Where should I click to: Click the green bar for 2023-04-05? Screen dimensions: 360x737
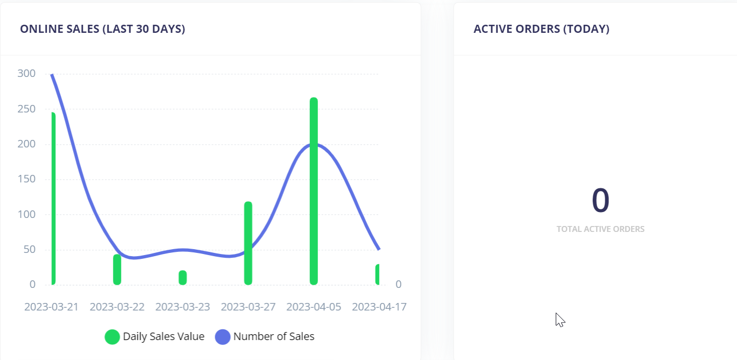[x=314, y=191]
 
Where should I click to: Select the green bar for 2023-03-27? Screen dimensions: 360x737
[x=248, y=243]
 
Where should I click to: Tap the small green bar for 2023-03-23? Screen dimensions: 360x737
[x=183, y=278]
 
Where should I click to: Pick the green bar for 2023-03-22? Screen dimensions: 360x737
[x=117, y=270]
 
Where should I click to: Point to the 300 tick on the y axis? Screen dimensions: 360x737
[x=26, y=74]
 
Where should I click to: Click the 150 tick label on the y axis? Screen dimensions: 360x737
[x=26, y=179]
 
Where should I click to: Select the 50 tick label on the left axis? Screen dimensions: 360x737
[x=29, y=250]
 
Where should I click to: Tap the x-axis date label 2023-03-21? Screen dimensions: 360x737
[x=52, y=307]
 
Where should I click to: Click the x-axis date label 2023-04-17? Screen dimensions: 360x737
[x=379, y=307]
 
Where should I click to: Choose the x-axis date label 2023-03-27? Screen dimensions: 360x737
[x=248, y=307]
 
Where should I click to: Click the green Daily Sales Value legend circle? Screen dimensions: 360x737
[x=112, y=337]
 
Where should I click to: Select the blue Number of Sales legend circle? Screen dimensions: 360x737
[x=223, y=337]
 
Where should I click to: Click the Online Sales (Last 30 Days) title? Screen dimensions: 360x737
[x=103, y=29]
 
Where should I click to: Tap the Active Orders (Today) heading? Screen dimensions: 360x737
[x=541, y=29]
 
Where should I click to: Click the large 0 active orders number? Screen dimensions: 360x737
[x=600, y=200]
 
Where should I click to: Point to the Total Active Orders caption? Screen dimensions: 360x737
[x=600, y=229]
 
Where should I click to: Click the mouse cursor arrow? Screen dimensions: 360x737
[x=559, y=319]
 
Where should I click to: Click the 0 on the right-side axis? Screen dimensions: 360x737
[x=399, y=285]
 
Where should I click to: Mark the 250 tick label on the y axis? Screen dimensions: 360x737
[x=26, y=109]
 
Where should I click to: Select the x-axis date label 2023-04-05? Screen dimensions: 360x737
[x=314, y=307]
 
